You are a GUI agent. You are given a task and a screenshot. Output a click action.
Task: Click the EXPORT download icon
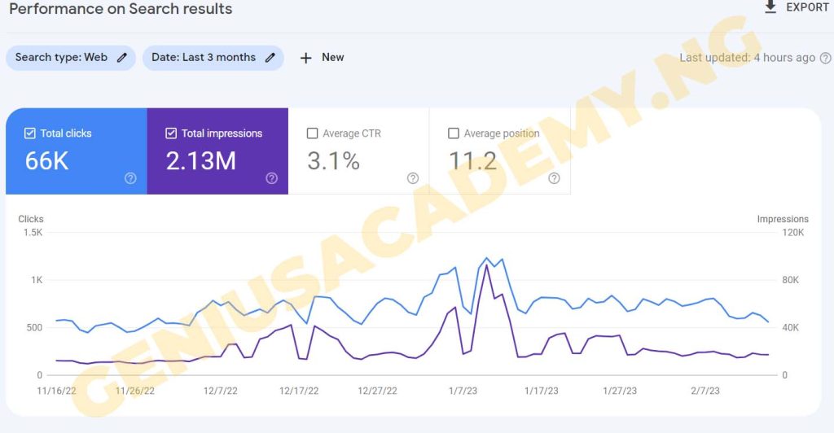click(x=770, y=7)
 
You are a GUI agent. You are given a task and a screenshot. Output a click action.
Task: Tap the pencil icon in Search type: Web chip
click(x=122, y=58)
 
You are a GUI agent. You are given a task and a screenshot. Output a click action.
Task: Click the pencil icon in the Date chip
click(x=270, y=58)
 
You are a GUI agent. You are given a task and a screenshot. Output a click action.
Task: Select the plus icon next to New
click(x=306, y=58)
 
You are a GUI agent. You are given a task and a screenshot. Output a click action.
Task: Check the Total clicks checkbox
click(x=30, y=133)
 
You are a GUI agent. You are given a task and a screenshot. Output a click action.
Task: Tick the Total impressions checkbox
click(x=171, y=133)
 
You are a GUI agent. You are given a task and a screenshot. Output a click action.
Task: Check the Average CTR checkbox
click(x=312, y=133)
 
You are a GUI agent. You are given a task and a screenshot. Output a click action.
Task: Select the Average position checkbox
click(x=454, y=133)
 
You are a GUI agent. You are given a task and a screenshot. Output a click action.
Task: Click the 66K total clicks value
click(x=46, y=161)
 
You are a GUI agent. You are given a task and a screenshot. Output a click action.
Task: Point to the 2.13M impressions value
click(x=200, y=161)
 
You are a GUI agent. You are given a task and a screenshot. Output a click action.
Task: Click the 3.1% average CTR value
click(x=333, y=161)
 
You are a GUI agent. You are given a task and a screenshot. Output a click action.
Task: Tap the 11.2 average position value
click(x=473, y=161)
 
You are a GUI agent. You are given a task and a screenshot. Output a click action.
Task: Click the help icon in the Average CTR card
click(x=413, y=178)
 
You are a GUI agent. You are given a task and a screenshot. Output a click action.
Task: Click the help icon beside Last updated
click(x=825, y=58)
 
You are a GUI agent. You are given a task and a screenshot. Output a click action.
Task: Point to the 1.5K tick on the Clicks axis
click(x=33, y=233)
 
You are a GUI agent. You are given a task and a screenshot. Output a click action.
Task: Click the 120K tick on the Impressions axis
click(x=792, y=233)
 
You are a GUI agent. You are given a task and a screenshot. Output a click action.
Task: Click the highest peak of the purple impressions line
click(x=486, y=265)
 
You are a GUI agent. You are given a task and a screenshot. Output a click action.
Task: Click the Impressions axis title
click(x=783, y=219)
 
